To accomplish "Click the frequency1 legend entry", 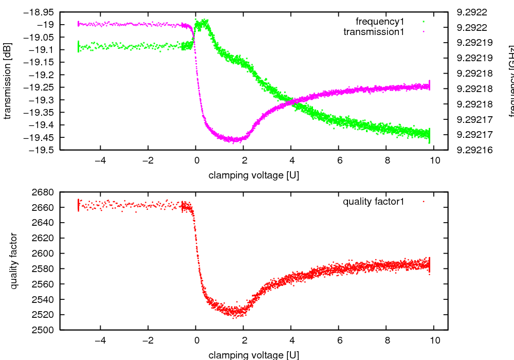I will pyautogui.click(x=380, y=22).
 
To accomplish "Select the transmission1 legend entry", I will pyautogui.click(x=374, y=32).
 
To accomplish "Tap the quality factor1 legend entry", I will pyautogui.click(x=374, y=202).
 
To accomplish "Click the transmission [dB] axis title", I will pyautogui.click(x=7, y=81).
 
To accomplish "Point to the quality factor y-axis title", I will pyautogui.click(x=14, y=261).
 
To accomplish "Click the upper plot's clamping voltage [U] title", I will pyautogui.click(x=254, y=175).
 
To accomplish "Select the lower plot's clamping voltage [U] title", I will pyautogui.click(x=254, y=355).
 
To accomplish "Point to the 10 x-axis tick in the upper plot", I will pyautogui.click(x=435, y=160).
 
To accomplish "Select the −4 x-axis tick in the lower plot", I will pyautogui.click(x=100, y=340).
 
